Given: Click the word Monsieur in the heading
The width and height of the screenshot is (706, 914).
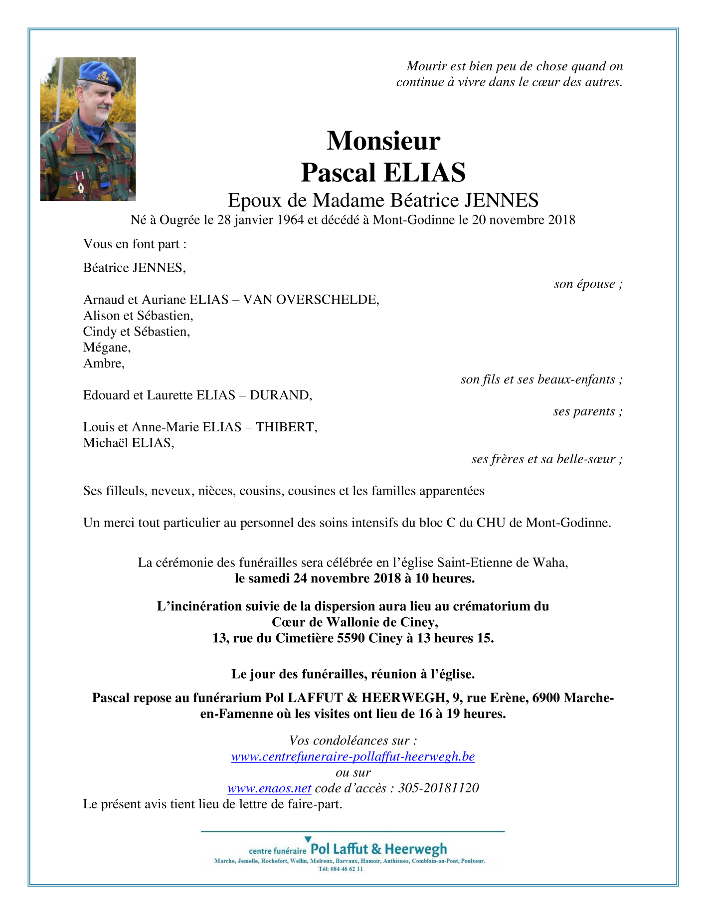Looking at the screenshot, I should coord(383,141).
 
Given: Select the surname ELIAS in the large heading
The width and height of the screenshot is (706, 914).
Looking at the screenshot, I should coord(424,173).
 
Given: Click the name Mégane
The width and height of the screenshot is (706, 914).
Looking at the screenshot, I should coord(107,348).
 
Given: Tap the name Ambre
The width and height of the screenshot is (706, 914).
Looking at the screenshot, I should coord(104,364).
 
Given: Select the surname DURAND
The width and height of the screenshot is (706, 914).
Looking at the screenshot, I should coord(280,395).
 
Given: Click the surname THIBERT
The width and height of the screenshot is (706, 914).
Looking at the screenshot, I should coord(286,427).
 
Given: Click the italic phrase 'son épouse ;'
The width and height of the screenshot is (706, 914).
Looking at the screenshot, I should coord(588,284).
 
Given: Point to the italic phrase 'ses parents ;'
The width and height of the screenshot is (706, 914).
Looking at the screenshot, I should coord(587,412).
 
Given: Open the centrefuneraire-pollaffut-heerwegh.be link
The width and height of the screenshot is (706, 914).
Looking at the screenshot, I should coord(353,756).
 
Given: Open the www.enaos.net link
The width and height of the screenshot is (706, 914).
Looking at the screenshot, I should coord(269,788).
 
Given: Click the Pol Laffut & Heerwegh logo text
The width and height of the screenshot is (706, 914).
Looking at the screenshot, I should coord(378,849).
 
